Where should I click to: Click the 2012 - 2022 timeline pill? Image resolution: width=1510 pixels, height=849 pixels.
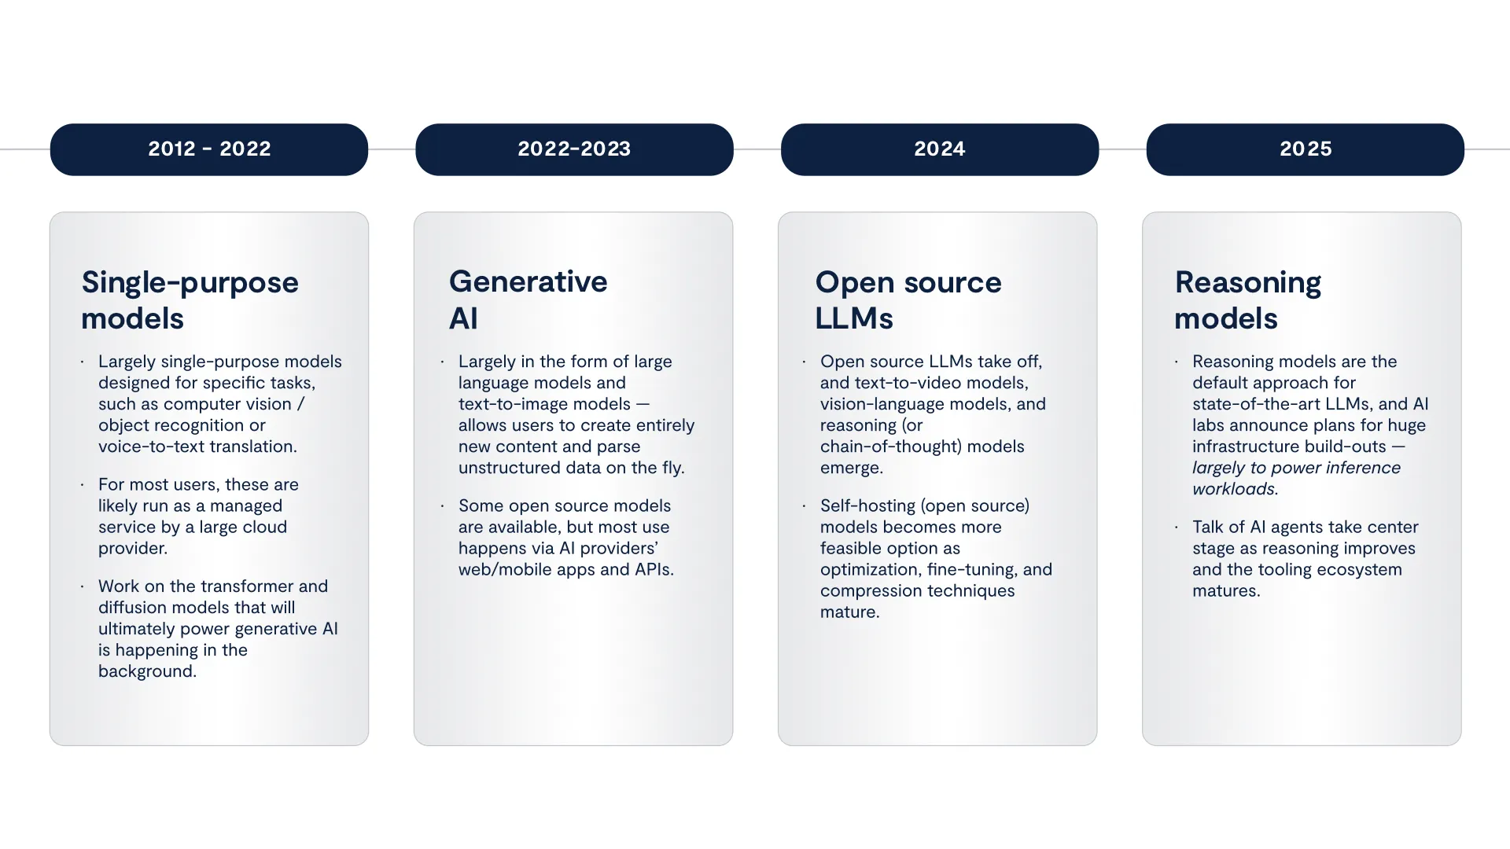pos(209,149)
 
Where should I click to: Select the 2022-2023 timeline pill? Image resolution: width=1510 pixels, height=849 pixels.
pos(574,149)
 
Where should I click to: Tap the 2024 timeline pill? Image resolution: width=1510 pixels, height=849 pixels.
pos(939,149)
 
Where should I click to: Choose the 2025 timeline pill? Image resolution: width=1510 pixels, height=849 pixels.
pos(1305,149)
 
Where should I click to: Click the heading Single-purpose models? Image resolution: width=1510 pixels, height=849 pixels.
pos(190,300)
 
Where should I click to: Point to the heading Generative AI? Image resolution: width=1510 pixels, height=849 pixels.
pos(528,300)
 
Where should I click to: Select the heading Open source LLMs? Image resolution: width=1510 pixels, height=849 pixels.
pos(908,300)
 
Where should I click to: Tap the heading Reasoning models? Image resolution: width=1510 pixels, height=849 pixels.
pos(1247,300)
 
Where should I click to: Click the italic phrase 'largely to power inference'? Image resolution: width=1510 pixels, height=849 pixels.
pos(1296,468)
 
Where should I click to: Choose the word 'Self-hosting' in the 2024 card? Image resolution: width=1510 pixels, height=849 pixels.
pos(867,505)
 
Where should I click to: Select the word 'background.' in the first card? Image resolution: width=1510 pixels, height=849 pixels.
pos(147,671)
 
